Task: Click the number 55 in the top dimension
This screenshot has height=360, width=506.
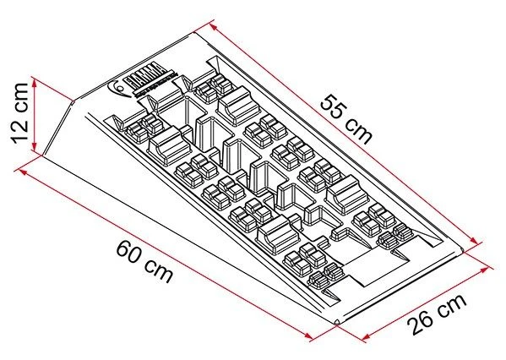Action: click(x=332, y=105)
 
